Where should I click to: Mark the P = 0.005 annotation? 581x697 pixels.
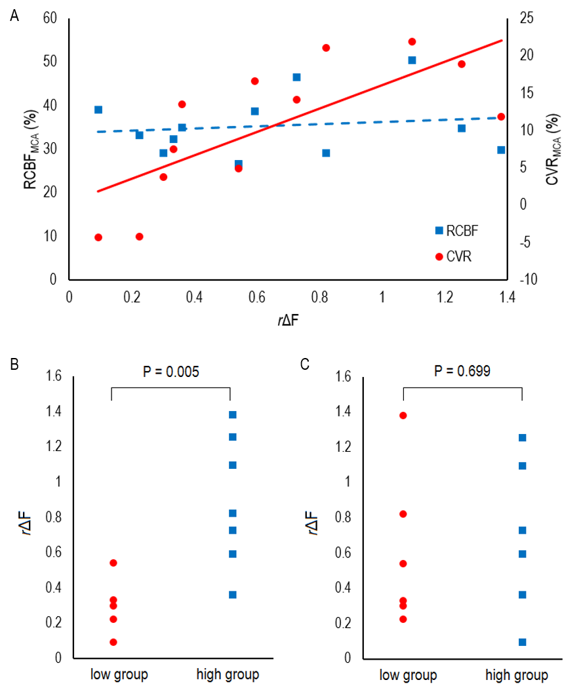171,372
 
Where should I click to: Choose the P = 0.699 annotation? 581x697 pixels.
462,372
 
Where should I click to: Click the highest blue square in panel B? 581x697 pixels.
233,414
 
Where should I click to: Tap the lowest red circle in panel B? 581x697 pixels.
113,642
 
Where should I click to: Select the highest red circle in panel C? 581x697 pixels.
403,415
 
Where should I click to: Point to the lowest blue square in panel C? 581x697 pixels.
523,642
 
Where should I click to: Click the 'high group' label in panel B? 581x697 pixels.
228,675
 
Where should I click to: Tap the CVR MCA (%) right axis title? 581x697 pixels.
555,149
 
